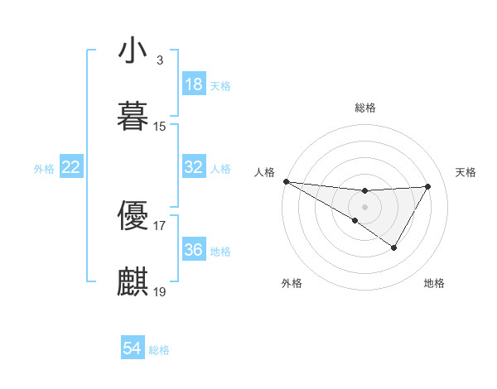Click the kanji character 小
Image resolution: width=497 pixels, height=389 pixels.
(x=133, y=50)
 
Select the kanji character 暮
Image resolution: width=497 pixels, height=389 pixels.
(x=133, y=115)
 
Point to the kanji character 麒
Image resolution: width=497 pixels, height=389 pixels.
(x=133, y=281)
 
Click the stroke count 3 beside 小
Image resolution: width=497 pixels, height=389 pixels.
(x=159, y=60)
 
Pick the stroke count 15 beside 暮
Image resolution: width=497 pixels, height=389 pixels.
(x=160, y=127)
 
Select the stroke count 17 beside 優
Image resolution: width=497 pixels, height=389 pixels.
(x=160, y=225)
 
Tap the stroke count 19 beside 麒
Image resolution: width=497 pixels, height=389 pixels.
(x=160, y=291)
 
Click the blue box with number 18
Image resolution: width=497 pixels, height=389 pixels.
(x=193, y=84)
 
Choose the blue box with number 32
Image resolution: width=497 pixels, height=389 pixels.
(x=193, y=167)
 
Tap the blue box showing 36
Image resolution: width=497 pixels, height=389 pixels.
(x=193, y=250)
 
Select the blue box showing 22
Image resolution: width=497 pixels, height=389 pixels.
(x=71, y=167)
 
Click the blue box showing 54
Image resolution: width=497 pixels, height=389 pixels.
(x=132, y=349)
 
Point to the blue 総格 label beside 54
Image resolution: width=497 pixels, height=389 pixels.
(x=159, y=350)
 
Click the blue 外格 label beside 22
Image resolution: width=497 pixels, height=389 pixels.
(x=44, y=169)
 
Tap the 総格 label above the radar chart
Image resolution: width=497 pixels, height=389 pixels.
(x=364, y=108)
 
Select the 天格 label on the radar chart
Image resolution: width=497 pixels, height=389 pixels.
(x=466, y=172)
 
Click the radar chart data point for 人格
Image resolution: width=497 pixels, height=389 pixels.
(x=285, y=181)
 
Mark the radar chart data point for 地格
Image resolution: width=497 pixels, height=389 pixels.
(x=394, y=247)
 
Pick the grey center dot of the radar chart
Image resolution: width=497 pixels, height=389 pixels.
(x=364, y=206)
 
